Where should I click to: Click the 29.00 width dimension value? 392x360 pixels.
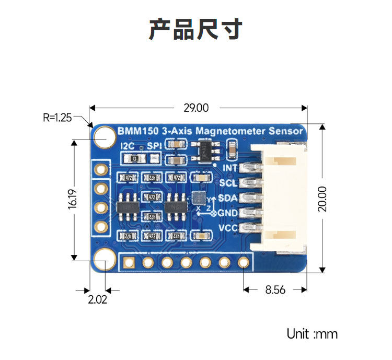pyautogui.click(x=196, y=108)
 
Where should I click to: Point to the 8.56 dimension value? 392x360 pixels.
pyautogui.click(x=275, y=289)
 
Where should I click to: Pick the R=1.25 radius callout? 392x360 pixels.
pyautogui.click(x=57, y=118)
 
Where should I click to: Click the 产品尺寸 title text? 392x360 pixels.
pyautogui.click(x=195, y=30)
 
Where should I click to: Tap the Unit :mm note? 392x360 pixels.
pyautogui.click(x=312, y=334)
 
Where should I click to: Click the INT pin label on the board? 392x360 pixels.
pyautogui.click(x=230, y=168)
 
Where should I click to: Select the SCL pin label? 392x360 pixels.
pyautogui.click(x=228, y=183)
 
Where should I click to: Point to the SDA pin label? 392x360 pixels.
pyautogui.click(x=228, y=198)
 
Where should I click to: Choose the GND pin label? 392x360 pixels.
pyautogui.click(x=228, y=213)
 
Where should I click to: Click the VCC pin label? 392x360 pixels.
pyautogui.click(x=228, y=228)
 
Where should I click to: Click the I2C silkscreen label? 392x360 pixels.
pyautogui.click(x=128, y=146)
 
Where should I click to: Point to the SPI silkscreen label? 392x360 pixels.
pyautogui.click(x=155, y=146)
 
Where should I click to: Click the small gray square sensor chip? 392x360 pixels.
pyautogui.click(x=199, y=198)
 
